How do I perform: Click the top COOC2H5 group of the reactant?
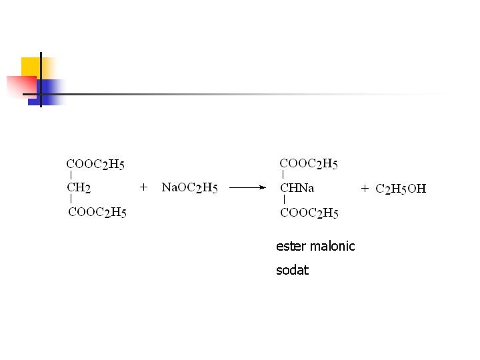click(x=95, y=163)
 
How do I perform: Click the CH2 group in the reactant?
click(x=79, y=188)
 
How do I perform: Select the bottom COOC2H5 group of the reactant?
click(x=97, y=213)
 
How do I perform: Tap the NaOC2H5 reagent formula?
click(x=189, y=188)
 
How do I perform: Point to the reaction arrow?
click(x=247, y=188)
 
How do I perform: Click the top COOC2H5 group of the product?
click(x=309, y=163)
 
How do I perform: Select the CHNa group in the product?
click(x=297, y=188)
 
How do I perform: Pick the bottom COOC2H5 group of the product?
click(x=309, y=213)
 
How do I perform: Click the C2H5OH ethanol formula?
click(x=401, y=189)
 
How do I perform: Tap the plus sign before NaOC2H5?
click(x=143, y=188)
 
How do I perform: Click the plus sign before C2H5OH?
click(x=365, y=189)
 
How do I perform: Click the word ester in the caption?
click(x=291, y=246)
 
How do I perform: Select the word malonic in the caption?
click(x=332, y=246)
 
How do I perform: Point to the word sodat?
click(x=292, y=271)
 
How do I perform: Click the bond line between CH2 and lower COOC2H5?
click(x=71, y=200)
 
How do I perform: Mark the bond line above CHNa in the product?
click(x=285, y=175)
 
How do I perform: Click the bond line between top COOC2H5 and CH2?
click(x=71, y=175)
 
